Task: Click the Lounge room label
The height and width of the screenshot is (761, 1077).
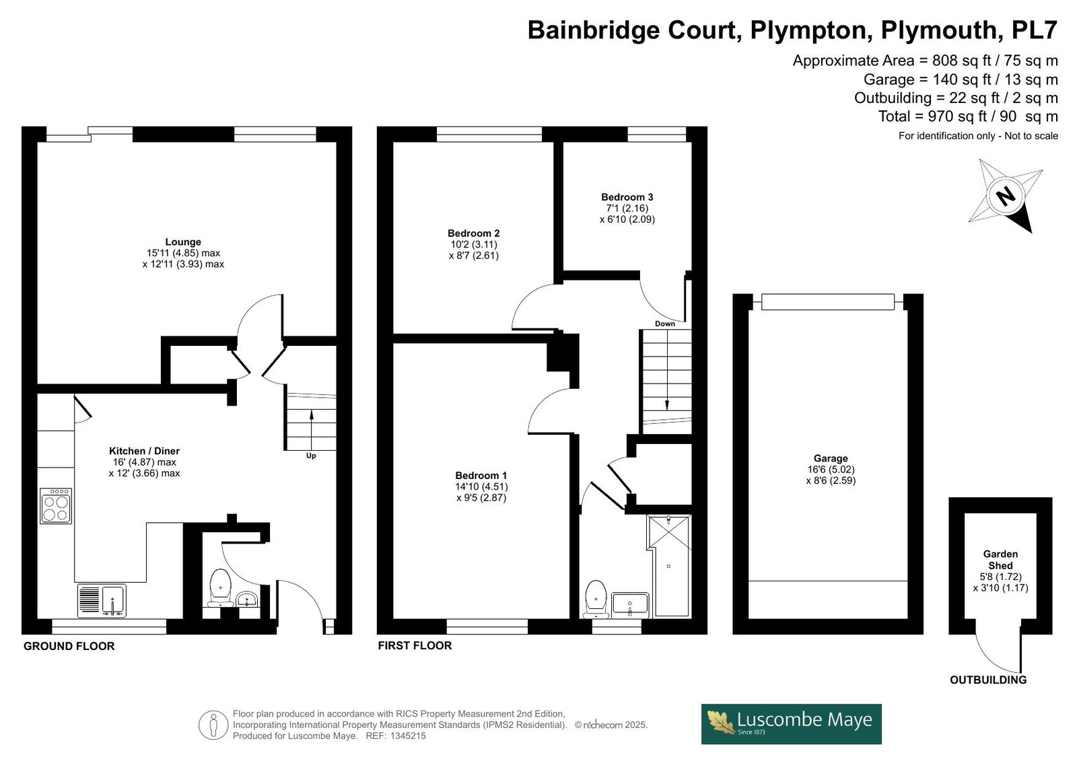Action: tap(183, 242)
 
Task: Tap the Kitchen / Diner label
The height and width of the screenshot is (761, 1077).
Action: tap(144, 451)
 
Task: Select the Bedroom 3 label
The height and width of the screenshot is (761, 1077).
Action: tap(627, 197)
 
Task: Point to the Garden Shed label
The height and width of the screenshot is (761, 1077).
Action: tap(1000, 560)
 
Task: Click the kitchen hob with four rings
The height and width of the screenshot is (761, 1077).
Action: tap(56, 506)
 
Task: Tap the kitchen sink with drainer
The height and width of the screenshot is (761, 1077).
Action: tap(102, 600)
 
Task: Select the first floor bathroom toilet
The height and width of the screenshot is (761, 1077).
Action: tap(596, 599)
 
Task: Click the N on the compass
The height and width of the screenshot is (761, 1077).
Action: tap(1006, 196)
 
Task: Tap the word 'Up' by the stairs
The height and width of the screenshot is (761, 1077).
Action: tap(311, 456)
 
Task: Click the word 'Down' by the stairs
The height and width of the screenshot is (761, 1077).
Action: tap(665, 324)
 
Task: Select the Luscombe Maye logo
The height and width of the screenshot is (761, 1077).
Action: tap(792, 724)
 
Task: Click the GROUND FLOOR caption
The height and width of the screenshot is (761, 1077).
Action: tap(69, 646)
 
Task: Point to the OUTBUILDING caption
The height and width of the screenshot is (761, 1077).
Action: tap(989, 680)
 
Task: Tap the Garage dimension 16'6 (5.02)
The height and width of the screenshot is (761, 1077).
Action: tap(831, 469)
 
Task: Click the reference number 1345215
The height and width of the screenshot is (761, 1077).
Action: tap(408, 736)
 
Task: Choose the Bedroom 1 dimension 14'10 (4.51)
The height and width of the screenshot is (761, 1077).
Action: tap(481, 486)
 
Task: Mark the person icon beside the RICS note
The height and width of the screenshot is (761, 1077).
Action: tap(213, 725)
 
